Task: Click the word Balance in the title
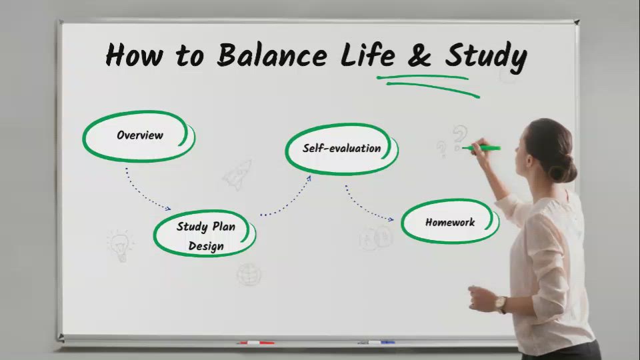(271, 55)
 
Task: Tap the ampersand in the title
(418, 55)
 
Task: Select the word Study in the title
(486, 56)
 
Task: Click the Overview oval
(139, 135)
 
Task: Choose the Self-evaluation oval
(341, 149)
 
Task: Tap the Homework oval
(450, 222)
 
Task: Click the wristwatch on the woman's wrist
(501, 304)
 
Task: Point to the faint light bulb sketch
(120, 245)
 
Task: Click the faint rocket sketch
(237, 174)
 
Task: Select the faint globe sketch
(249, 273)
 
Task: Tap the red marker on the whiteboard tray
(256, 343)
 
